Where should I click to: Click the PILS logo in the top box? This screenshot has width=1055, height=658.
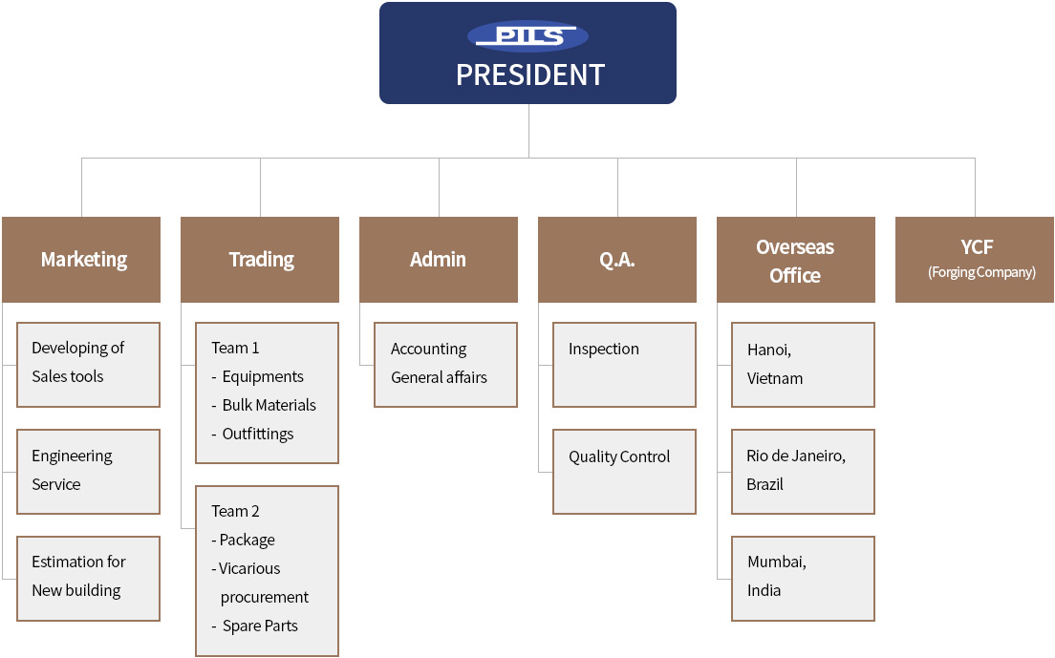[528, 36]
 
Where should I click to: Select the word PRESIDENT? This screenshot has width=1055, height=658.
[530, 74]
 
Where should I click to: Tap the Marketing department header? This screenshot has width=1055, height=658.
[81, 260]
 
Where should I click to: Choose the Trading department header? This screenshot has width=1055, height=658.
[260, 260]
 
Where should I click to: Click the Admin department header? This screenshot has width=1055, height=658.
[439, 260]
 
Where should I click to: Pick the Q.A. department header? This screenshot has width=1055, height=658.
[617, 260]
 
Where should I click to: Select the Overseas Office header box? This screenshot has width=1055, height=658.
[796, 260]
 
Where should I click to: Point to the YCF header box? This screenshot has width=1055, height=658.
[975, 260]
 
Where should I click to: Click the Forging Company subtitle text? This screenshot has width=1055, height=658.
[981, 272]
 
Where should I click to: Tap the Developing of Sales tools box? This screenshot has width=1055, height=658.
[88, 365]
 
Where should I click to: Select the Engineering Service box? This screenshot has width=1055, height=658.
[88, 472]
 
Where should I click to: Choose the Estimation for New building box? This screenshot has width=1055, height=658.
[88, 579]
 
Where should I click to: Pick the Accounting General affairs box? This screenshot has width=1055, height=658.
[445, 365]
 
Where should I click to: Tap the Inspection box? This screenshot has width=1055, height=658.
[624, 365]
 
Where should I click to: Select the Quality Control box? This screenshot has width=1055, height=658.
[624, 472]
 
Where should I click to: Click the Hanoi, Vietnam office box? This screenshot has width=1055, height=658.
[803, 365]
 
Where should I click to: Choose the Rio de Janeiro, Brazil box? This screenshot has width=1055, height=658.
[803, 472]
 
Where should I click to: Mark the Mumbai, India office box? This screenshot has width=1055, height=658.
[803, 579]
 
